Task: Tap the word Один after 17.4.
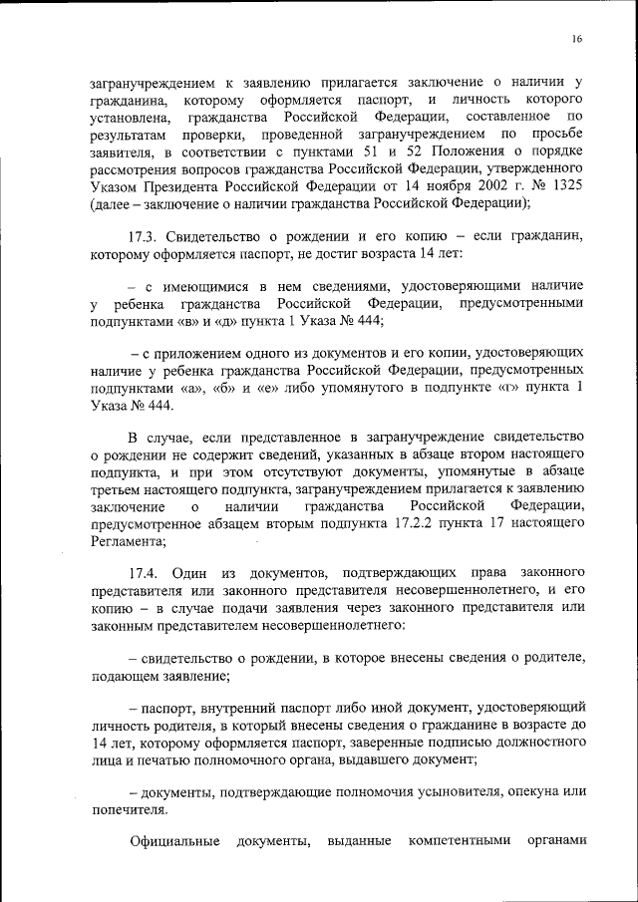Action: point(189,574)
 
